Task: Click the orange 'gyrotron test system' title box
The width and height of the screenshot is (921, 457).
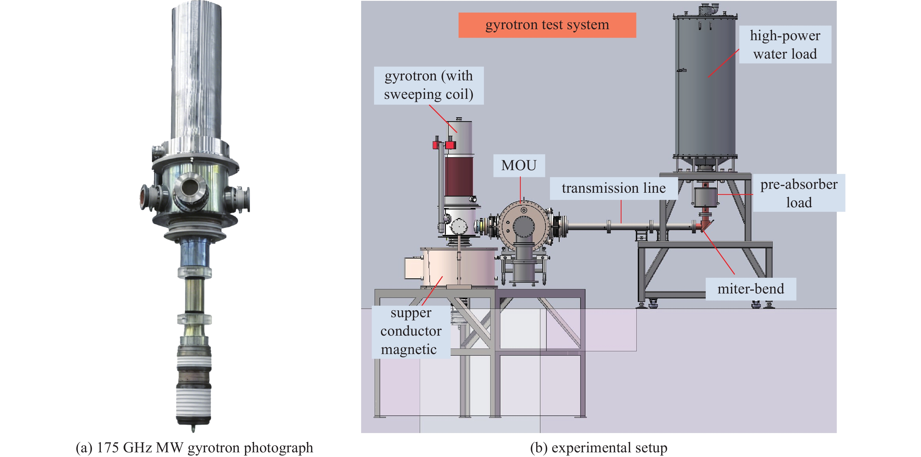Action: pyautogui.click(x=547, y=25)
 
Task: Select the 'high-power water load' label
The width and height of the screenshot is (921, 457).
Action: pyautogui.click(x=785, y=45)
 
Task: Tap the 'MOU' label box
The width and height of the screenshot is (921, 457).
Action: pyautogui.click(x=519, y=165)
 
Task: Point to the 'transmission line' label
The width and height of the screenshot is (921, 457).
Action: pyautogui.click(x=614, y=188)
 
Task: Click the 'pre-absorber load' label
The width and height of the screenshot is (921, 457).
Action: pyautogui.click(x=799, y=193)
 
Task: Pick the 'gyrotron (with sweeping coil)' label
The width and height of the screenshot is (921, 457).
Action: pyautogui.click(x=428, y=85)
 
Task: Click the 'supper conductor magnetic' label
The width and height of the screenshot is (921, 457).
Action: pyautogui.click(x=411, y=331)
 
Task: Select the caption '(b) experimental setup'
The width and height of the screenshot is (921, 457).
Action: pyautogui.click(x=598, y=448)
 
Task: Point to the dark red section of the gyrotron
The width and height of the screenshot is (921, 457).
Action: pyautogui.click(x=459, y=177)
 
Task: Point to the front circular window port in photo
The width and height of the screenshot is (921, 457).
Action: pyautogui.click(x=190, y=188)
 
